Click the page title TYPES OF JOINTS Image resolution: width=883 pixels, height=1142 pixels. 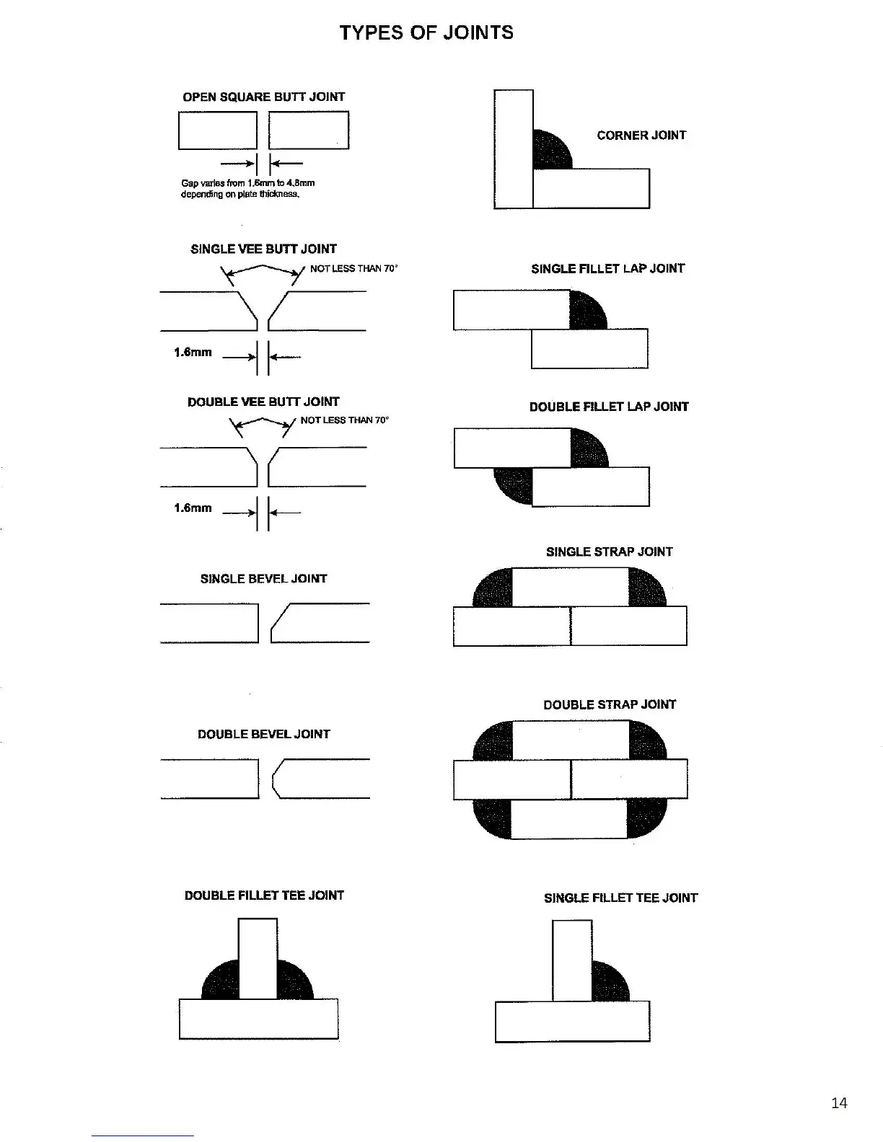pos(426,32)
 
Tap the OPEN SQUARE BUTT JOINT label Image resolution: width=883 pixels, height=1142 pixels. pos(263,97)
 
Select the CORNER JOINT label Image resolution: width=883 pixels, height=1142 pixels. pos(641,135)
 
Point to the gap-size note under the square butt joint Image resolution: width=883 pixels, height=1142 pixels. pos(247,188)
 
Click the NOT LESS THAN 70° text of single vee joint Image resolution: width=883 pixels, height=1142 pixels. pos(353,268)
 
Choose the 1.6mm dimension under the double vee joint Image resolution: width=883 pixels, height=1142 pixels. pos(193,508)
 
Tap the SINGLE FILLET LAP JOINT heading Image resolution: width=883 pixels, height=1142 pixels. pos(607,268)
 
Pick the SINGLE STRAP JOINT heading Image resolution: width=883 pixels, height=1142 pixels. pos(609,552)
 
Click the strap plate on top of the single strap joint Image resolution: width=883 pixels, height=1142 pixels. pos(570,587)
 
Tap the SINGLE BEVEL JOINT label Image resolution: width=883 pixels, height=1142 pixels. pos(263,578)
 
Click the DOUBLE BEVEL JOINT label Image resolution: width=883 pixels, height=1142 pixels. pos(263,734)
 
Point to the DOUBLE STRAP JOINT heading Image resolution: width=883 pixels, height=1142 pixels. pos(610,704)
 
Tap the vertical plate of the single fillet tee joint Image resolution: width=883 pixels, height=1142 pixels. pos(572,960)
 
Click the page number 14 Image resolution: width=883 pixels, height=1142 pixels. pos(839,1102)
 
